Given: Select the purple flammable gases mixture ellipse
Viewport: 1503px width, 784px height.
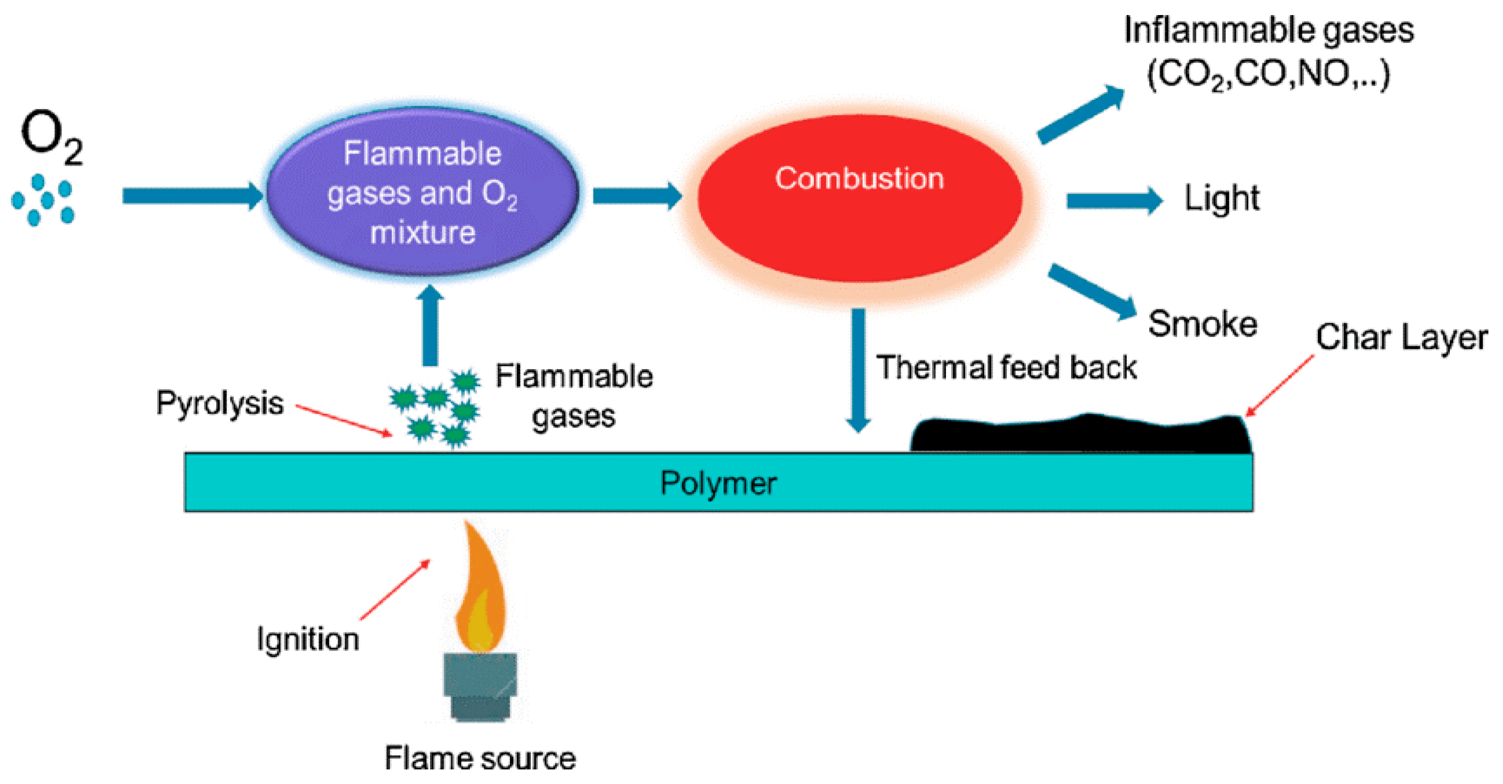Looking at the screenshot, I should pos(422,192).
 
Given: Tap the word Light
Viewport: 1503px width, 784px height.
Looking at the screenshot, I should pos(1222,199).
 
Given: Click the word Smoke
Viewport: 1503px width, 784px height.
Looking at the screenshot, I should pos(1202,325).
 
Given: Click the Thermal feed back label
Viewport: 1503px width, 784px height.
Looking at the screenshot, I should pos(1007,367).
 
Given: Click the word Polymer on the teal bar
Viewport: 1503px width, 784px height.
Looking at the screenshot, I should pos(718,483).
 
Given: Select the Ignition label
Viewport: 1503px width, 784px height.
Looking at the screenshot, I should pos(308,639).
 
